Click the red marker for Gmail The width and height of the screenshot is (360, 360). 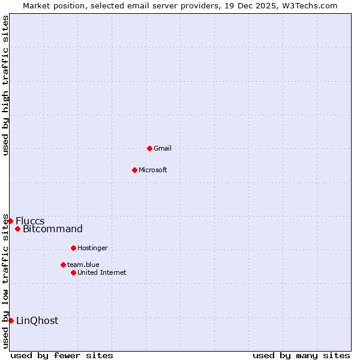149,148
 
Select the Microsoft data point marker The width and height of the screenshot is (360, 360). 134,170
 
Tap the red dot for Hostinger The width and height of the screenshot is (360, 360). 73,248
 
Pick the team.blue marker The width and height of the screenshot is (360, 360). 63,265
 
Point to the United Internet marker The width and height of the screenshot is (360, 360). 73,272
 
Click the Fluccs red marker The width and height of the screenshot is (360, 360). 10,221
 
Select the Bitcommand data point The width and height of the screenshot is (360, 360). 18,229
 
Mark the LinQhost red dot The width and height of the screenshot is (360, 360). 11,320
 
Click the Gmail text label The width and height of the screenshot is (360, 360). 163,148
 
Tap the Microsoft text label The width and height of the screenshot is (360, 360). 153,170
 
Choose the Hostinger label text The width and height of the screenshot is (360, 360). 92,248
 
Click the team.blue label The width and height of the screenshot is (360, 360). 83,265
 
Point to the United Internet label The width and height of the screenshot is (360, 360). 102,272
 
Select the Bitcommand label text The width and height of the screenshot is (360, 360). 53,229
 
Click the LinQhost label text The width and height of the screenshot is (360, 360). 37,320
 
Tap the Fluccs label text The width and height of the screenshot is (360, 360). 30,221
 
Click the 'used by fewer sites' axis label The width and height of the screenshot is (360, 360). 62,355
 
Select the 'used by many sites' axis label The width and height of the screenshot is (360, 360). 301,355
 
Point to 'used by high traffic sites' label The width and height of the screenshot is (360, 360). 5,85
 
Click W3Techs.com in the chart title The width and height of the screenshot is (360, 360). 310,5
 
